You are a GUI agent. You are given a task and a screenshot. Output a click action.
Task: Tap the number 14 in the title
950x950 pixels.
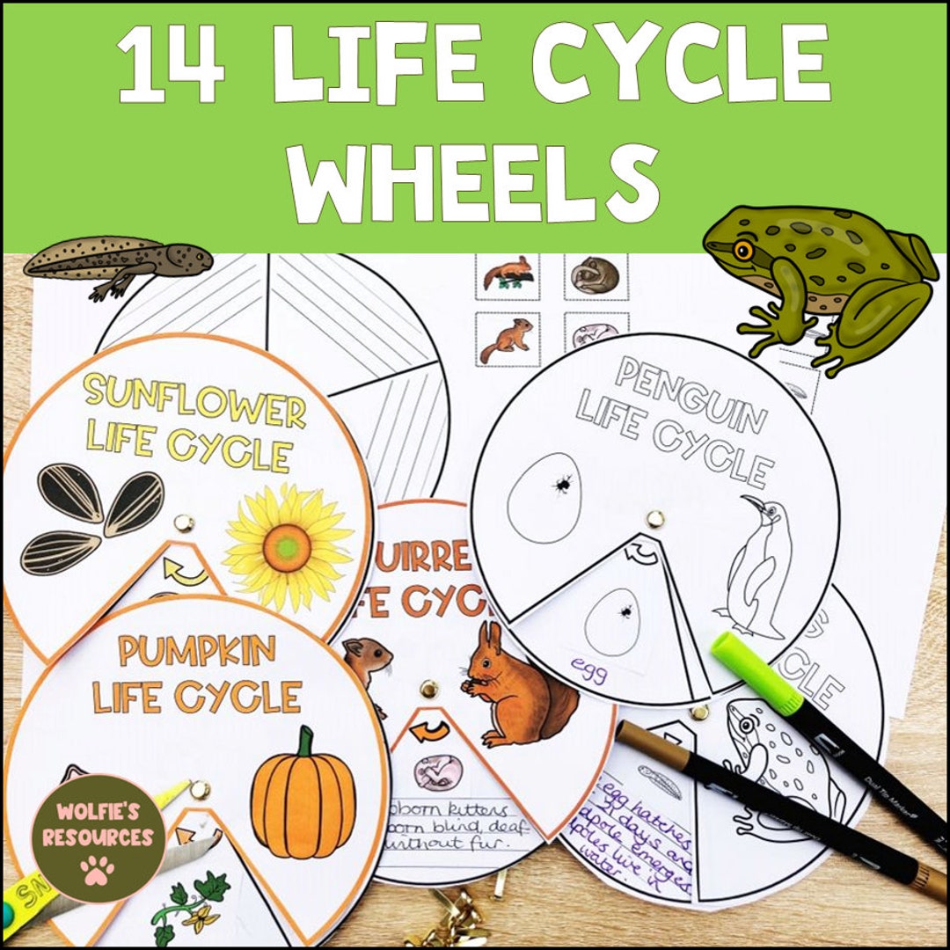(172, 66)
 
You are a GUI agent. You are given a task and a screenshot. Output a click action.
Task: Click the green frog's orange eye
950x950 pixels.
(744, 252)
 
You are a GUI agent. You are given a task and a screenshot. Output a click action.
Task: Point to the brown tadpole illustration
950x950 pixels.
(119, 260)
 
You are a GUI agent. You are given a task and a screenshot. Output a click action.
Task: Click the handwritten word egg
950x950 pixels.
(588, 663)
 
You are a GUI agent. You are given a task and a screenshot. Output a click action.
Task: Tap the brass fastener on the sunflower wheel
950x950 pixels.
(184, 524)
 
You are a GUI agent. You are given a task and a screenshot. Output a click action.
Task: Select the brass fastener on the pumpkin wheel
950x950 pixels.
(201, 789)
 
